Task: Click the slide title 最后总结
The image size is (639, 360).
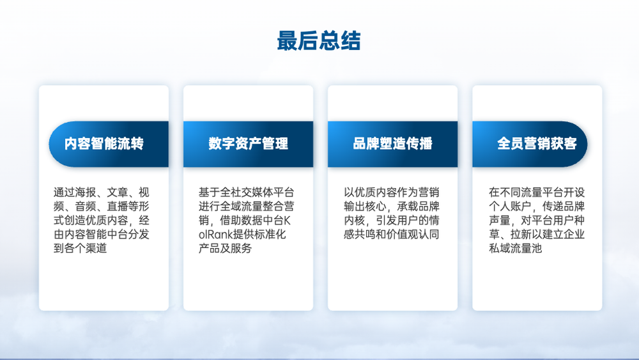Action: point(319,41)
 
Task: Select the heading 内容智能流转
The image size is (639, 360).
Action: point(104,143)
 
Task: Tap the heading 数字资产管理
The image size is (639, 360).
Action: point(248,143)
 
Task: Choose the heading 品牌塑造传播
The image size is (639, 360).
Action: point(392,143)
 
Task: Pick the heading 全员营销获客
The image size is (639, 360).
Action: point(537,143)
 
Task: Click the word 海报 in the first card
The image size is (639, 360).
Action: point(85,192)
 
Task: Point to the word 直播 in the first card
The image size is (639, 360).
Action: point(117,207)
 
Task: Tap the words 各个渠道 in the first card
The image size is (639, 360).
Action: point(85,248)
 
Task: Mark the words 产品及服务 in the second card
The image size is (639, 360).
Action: point(225,248)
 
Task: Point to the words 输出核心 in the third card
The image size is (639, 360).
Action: point(364,207)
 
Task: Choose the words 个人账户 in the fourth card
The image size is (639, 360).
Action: point(510,207)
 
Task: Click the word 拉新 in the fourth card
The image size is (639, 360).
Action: point(521,235)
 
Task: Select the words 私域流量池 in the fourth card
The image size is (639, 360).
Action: point(516,248)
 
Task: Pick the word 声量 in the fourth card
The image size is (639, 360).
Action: point(500,220)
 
